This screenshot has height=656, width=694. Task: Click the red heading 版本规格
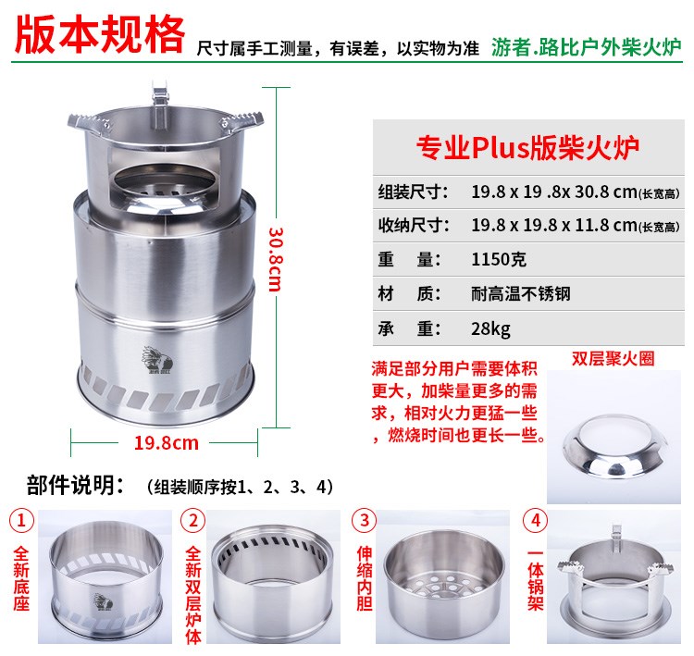pos(99,34)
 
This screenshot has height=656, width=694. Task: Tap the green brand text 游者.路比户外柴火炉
pos(586,47)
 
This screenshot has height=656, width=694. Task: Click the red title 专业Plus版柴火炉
pos(528,147)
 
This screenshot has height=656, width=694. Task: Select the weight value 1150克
pos(499,259)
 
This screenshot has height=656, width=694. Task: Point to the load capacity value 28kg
pos(490,328)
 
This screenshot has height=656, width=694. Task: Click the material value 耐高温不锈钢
pos(521,293)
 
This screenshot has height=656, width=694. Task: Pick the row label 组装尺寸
pos(414,192)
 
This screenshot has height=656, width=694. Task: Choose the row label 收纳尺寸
pos(414,226)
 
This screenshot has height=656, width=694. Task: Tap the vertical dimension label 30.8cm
pos(276,259)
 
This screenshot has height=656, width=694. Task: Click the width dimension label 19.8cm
pos(167,442)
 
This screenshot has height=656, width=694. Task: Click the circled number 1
pos(21,521)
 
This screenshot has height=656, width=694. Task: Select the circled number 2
pos(193,521)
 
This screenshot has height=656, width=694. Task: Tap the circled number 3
pos(365,521)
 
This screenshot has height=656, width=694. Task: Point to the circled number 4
pos(536,521)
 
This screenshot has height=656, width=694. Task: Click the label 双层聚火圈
pos(613,359)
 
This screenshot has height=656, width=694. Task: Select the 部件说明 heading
pos(76,485)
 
